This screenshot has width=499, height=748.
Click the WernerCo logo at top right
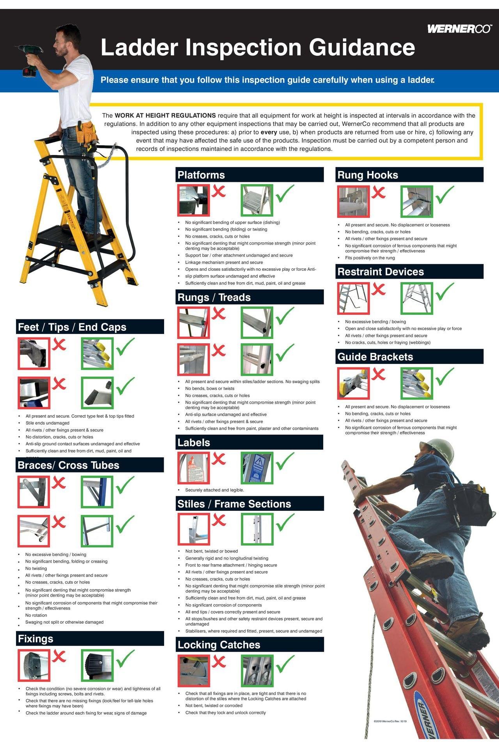pos(459,29)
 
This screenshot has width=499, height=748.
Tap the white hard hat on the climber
pos(440,452)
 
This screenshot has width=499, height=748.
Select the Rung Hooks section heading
pos(368,175)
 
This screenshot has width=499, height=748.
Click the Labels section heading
pos(194,443)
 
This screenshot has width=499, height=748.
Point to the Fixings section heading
pos(35,639)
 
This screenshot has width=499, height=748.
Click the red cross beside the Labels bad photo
pos(219,459)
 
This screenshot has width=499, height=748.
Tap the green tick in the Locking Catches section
pos(285,664)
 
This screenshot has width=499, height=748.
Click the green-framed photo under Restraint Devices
pos(416,298)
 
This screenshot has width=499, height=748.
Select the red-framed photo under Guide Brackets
pos(353,384)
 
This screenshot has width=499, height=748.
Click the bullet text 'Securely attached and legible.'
pos(214,490)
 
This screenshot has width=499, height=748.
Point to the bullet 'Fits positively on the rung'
pos(370,258)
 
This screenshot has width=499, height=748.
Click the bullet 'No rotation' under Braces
pos(36,615)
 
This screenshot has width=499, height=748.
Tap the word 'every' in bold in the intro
pos(269,132)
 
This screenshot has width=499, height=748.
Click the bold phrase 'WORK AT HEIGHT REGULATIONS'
pos(165,115)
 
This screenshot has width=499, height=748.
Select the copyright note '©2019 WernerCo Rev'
pos(390,721)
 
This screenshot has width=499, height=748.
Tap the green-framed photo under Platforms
pos(257,200)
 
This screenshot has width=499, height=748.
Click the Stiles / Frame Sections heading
pos(234,504)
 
